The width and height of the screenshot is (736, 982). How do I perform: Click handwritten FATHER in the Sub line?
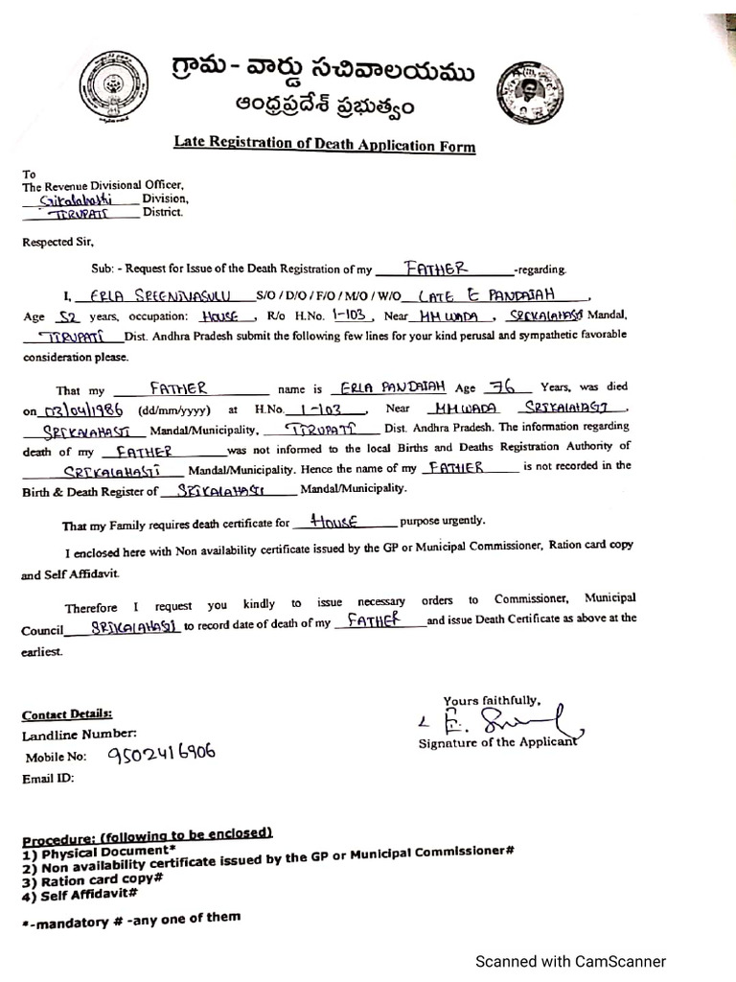coord(436,269)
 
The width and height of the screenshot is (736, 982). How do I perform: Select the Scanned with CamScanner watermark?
coord(570,961)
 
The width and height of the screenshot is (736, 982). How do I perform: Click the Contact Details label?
coord(67,714)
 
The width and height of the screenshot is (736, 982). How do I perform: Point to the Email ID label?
coord(48,779)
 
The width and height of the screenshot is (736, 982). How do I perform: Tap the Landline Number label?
coord(73,736)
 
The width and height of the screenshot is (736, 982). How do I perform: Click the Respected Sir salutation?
coord(58,243)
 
